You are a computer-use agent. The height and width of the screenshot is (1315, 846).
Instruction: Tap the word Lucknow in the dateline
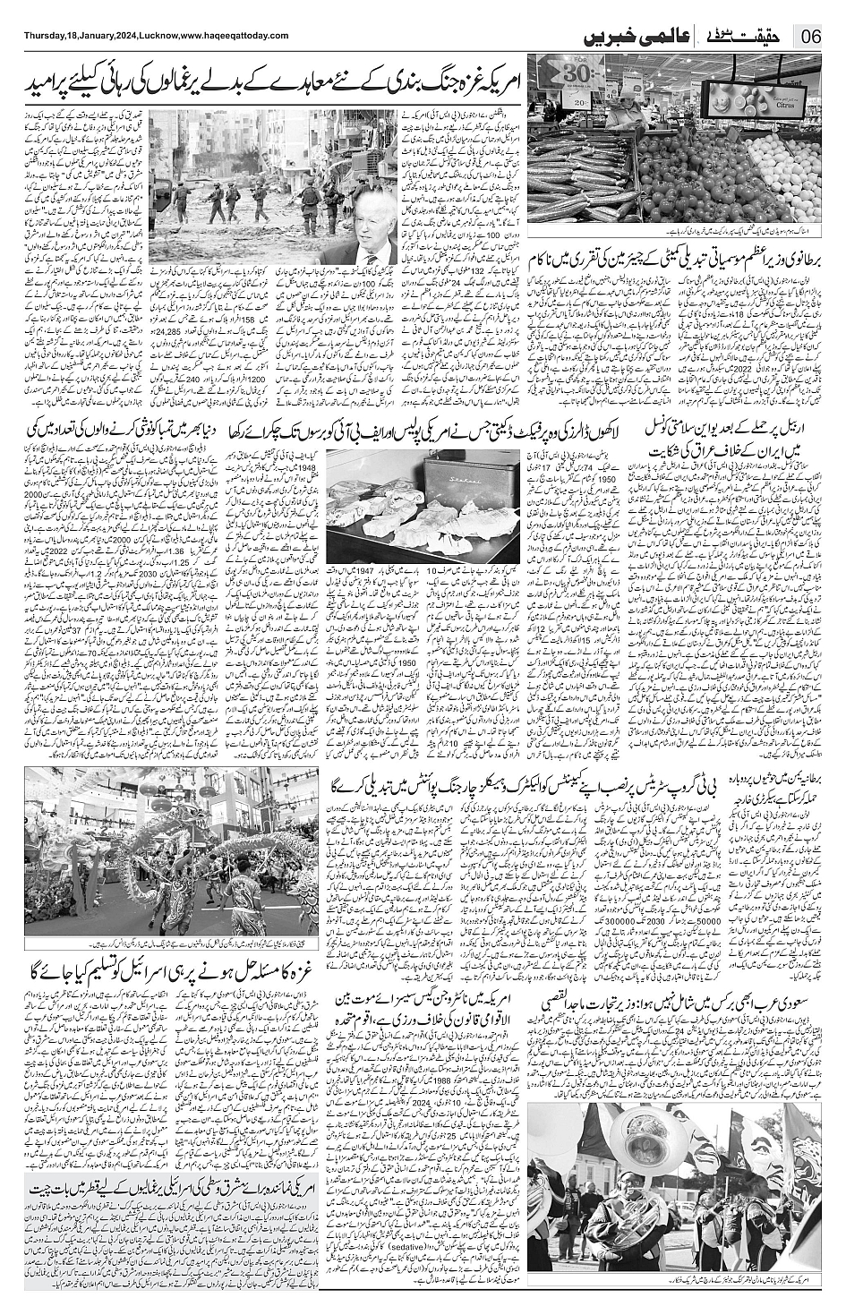[x=155, y=35]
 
